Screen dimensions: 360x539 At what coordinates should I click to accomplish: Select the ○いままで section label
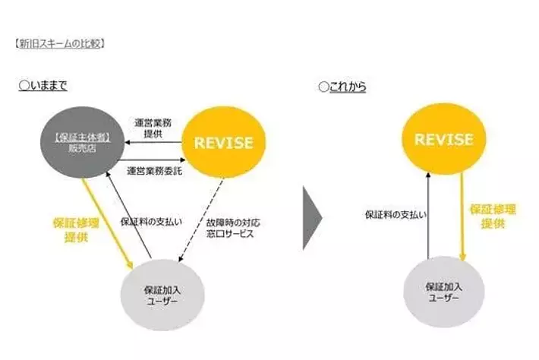click(43, 87)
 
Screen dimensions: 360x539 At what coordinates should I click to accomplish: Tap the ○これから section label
click(342, 87)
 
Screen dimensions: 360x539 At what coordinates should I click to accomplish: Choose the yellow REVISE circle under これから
click(443, 140)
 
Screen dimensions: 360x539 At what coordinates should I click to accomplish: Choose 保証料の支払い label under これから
click(396, 215)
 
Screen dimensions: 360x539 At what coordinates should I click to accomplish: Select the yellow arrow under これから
click(460, 216)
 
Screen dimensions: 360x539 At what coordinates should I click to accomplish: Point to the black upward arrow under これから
click(430, 216)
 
